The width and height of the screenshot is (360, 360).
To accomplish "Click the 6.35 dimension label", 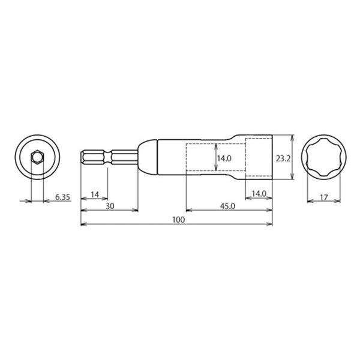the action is (x=62, y=197).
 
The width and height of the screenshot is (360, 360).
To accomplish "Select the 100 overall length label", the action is (x=178, y=220).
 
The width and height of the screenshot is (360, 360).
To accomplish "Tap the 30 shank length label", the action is (x=110, y=206).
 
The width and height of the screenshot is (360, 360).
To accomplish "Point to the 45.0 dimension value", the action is (x=228, y=206).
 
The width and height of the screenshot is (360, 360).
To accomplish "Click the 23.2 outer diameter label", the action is (x=283, y=158).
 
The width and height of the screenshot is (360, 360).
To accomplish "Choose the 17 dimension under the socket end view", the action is (x=324, y=197).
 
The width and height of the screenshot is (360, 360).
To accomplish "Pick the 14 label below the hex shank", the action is (x=95, y=194).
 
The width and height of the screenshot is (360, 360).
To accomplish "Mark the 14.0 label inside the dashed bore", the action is (x=224, y=158).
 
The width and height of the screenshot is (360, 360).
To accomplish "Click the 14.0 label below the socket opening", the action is (x=259, y=194).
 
